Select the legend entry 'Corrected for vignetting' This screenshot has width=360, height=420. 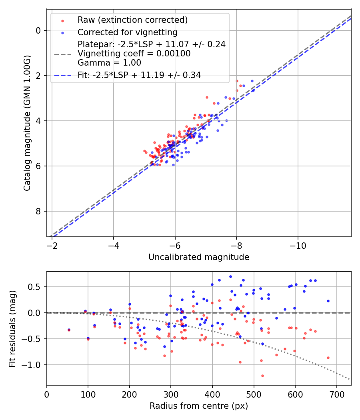tap(127, 32)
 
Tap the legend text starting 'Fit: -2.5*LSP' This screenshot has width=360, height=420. tap(139, 75)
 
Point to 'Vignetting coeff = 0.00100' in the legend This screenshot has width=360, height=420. tap(134, 54)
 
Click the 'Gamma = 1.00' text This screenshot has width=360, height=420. tap(110, 63)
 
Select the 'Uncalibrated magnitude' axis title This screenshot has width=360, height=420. tap(199, 257)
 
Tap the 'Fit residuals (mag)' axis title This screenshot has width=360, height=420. tap(12, 328)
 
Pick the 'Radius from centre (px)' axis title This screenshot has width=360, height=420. tap(199, 406)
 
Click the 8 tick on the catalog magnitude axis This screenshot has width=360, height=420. tap(38, 211)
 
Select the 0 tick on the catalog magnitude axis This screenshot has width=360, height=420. tap(38, 30)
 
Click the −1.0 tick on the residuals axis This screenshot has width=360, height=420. tap(34, 365)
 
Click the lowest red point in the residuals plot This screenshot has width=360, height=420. tap(262, 376)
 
